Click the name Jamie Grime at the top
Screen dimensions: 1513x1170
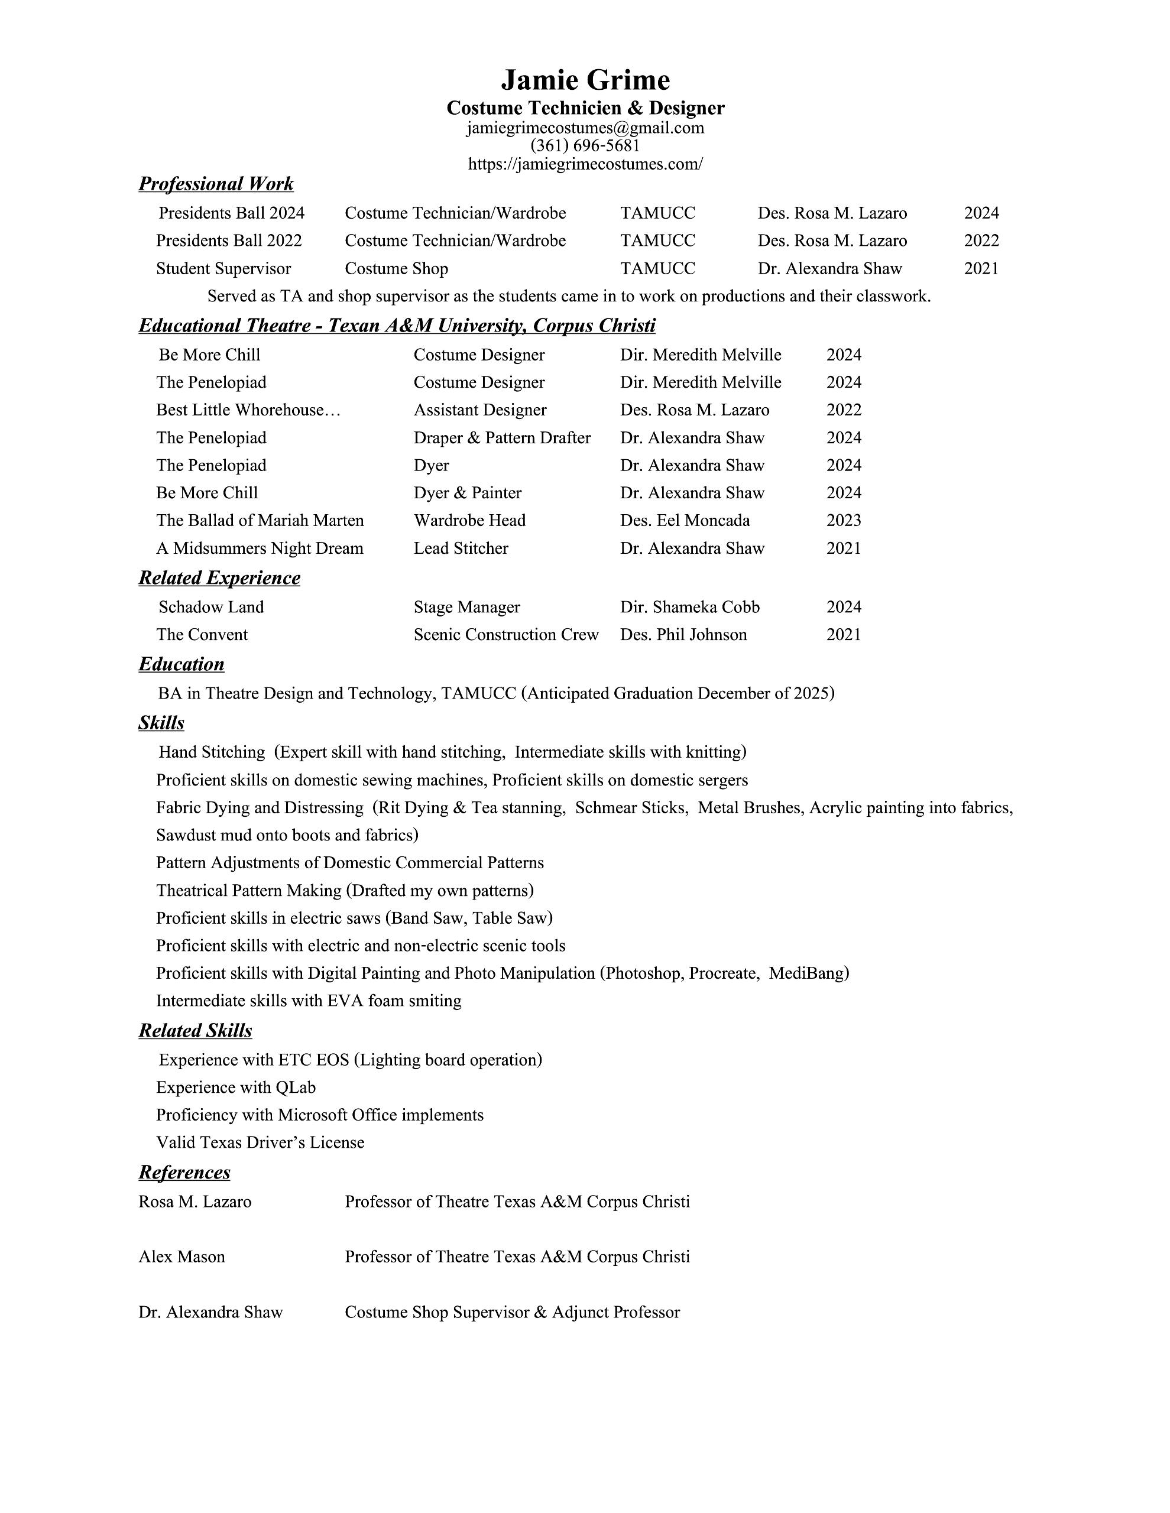point(585,80)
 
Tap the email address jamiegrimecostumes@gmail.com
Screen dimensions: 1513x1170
point(585,128)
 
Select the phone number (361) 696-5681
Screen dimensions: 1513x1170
point(585,145)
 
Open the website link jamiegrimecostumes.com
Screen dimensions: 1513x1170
point(585,164)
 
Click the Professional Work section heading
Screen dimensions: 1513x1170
point(216,184)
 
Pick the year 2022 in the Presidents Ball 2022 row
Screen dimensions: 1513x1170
point(981,241)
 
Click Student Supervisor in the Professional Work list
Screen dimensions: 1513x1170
point(223,268)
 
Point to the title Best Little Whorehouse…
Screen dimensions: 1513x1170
point(248,410)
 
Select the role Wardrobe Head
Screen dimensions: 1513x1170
point(469,520)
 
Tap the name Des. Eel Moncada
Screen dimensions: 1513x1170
point(684,520)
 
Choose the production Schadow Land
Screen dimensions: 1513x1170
point(210,607)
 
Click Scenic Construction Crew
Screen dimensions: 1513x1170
point(506,635)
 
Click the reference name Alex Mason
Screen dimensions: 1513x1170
point(182,1256)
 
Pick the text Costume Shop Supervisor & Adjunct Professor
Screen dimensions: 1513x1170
point(512,1312)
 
